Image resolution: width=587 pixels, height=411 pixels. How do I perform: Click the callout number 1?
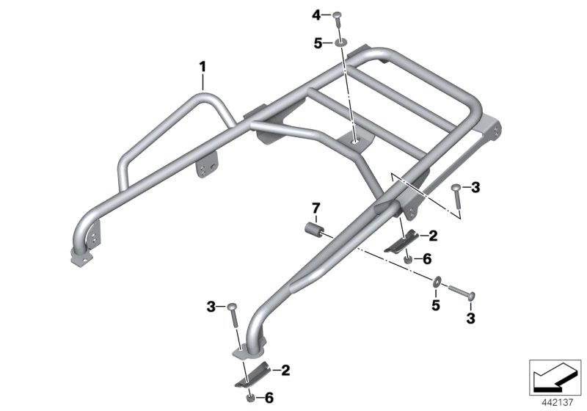(x=203, y=68)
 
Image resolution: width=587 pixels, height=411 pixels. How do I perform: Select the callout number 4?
(x=317, y=15)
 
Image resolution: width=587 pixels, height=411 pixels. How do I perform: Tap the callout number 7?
(x=316, y=208)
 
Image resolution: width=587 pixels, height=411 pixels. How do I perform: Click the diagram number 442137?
(x=558, y=403)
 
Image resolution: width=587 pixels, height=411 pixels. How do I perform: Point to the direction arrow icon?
(x=555, y=377)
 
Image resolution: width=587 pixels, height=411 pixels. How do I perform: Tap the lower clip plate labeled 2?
(x=252, y=374)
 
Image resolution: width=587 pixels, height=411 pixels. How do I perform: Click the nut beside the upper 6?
(x=409, y=258)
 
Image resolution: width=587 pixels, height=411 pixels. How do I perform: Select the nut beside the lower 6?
(x=250, y=398)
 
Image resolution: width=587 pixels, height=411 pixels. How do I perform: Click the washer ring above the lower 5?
(x=437, y=282)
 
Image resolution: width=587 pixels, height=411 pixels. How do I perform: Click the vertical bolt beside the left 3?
(x=233, y=315)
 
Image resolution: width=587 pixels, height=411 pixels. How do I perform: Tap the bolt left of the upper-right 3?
(x=457, y=196)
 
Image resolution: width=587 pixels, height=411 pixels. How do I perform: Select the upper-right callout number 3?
(x=475, y=188)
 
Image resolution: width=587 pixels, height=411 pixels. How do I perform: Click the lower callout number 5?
(x=435, y=305)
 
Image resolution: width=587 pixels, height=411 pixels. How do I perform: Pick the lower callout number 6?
(x=269, y=398)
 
